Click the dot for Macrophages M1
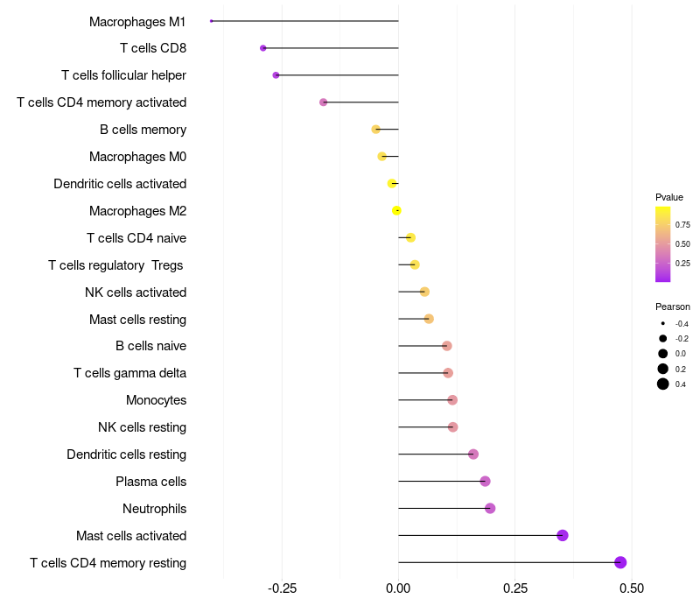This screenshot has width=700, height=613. (212, 21)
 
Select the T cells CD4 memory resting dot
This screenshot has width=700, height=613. (620, 562)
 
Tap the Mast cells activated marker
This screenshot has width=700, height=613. (563, 535)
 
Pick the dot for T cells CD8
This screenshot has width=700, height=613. (263, 48)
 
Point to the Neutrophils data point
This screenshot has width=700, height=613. (490, 509)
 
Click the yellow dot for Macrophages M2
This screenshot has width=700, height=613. (396, 210)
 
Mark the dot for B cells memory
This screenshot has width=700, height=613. (376, 130)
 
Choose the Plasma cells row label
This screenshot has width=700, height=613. (150, 482)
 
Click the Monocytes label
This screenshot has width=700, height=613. (157, 400)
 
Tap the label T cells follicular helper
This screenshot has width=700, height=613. (123, 75)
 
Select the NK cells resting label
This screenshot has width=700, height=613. (142, 427)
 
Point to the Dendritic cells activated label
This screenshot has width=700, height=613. (120, 184)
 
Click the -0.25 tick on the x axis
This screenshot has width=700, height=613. (282, 588)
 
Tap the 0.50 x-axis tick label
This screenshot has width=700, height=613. (632, 588)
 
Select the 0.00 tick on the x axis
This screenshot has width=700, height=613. (398, 588)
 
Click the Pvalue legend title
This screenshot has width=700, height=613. (669, 198)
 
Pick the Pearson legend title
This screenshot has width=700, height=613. (673, 307)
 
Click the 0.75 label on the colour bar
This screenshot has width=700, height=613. (682, 225)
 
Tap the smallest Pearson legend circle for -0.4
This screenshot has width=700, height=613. (663, 323)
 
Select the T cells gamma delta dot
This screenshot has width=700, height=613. (448, 373)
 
